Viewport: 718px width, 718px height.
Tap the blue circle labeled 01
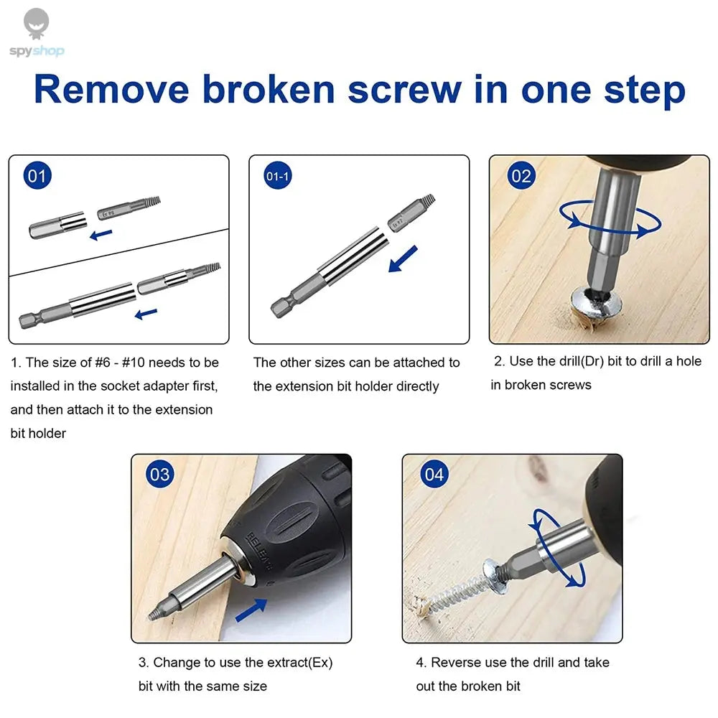pos(37,176)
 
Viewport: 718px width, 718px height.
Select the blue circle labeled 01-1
pos(277,176)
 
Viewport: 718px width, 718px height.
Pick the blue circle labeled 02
pos(521,176)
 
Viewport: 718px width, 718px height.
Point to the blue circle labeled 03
pos(159,474)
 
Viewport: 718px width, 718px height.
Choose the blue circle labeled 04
pos(434,474)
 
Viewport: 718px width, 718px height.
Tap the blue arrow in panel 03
pos(251,610)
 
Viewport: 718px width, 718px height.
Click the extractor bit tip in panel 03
pos(154,612)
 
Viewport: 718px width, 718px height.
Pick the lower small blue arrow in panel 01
pos(146,313)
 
